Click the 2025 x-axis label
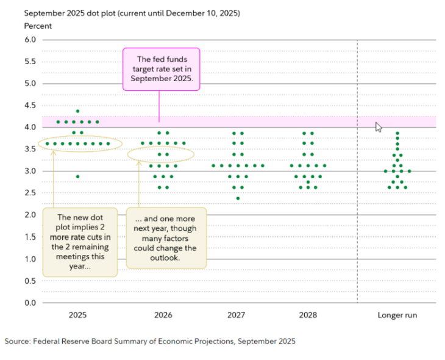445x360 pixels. pos(77,315)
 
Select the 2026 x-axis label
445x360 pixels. pos(163,315)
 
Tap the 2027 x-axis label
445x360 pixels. pos(237,315)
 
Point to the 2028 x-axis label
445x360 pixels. pos(308,315)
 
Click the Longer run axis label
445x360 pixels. pos(397,315)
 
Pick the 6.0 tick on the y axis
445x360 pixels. pos(30,40)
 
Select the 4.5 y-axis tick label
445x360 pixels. pos(30,106)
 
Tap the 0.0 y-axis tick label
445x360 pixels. pos(30,303)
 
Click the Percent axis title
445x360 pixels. pos(38,26)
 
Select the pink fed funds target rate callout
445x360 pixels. pos(161,69)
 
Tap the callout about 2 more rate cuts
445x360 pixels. pos(79,242)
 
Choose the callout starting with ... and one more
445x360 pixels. pos(166,238)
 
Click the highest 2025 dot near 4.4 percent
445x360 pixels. pos(77,111)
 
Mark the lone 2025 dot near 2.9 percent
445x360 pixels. pos(77,176)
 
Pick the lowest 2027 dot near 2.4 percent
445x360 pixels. pos(238,198)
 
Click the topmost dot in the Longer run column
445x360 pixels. pos(397,133)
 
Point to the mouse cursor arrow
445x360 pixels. pos(379,127)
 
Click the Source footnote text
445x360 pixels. pos(150,341)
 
